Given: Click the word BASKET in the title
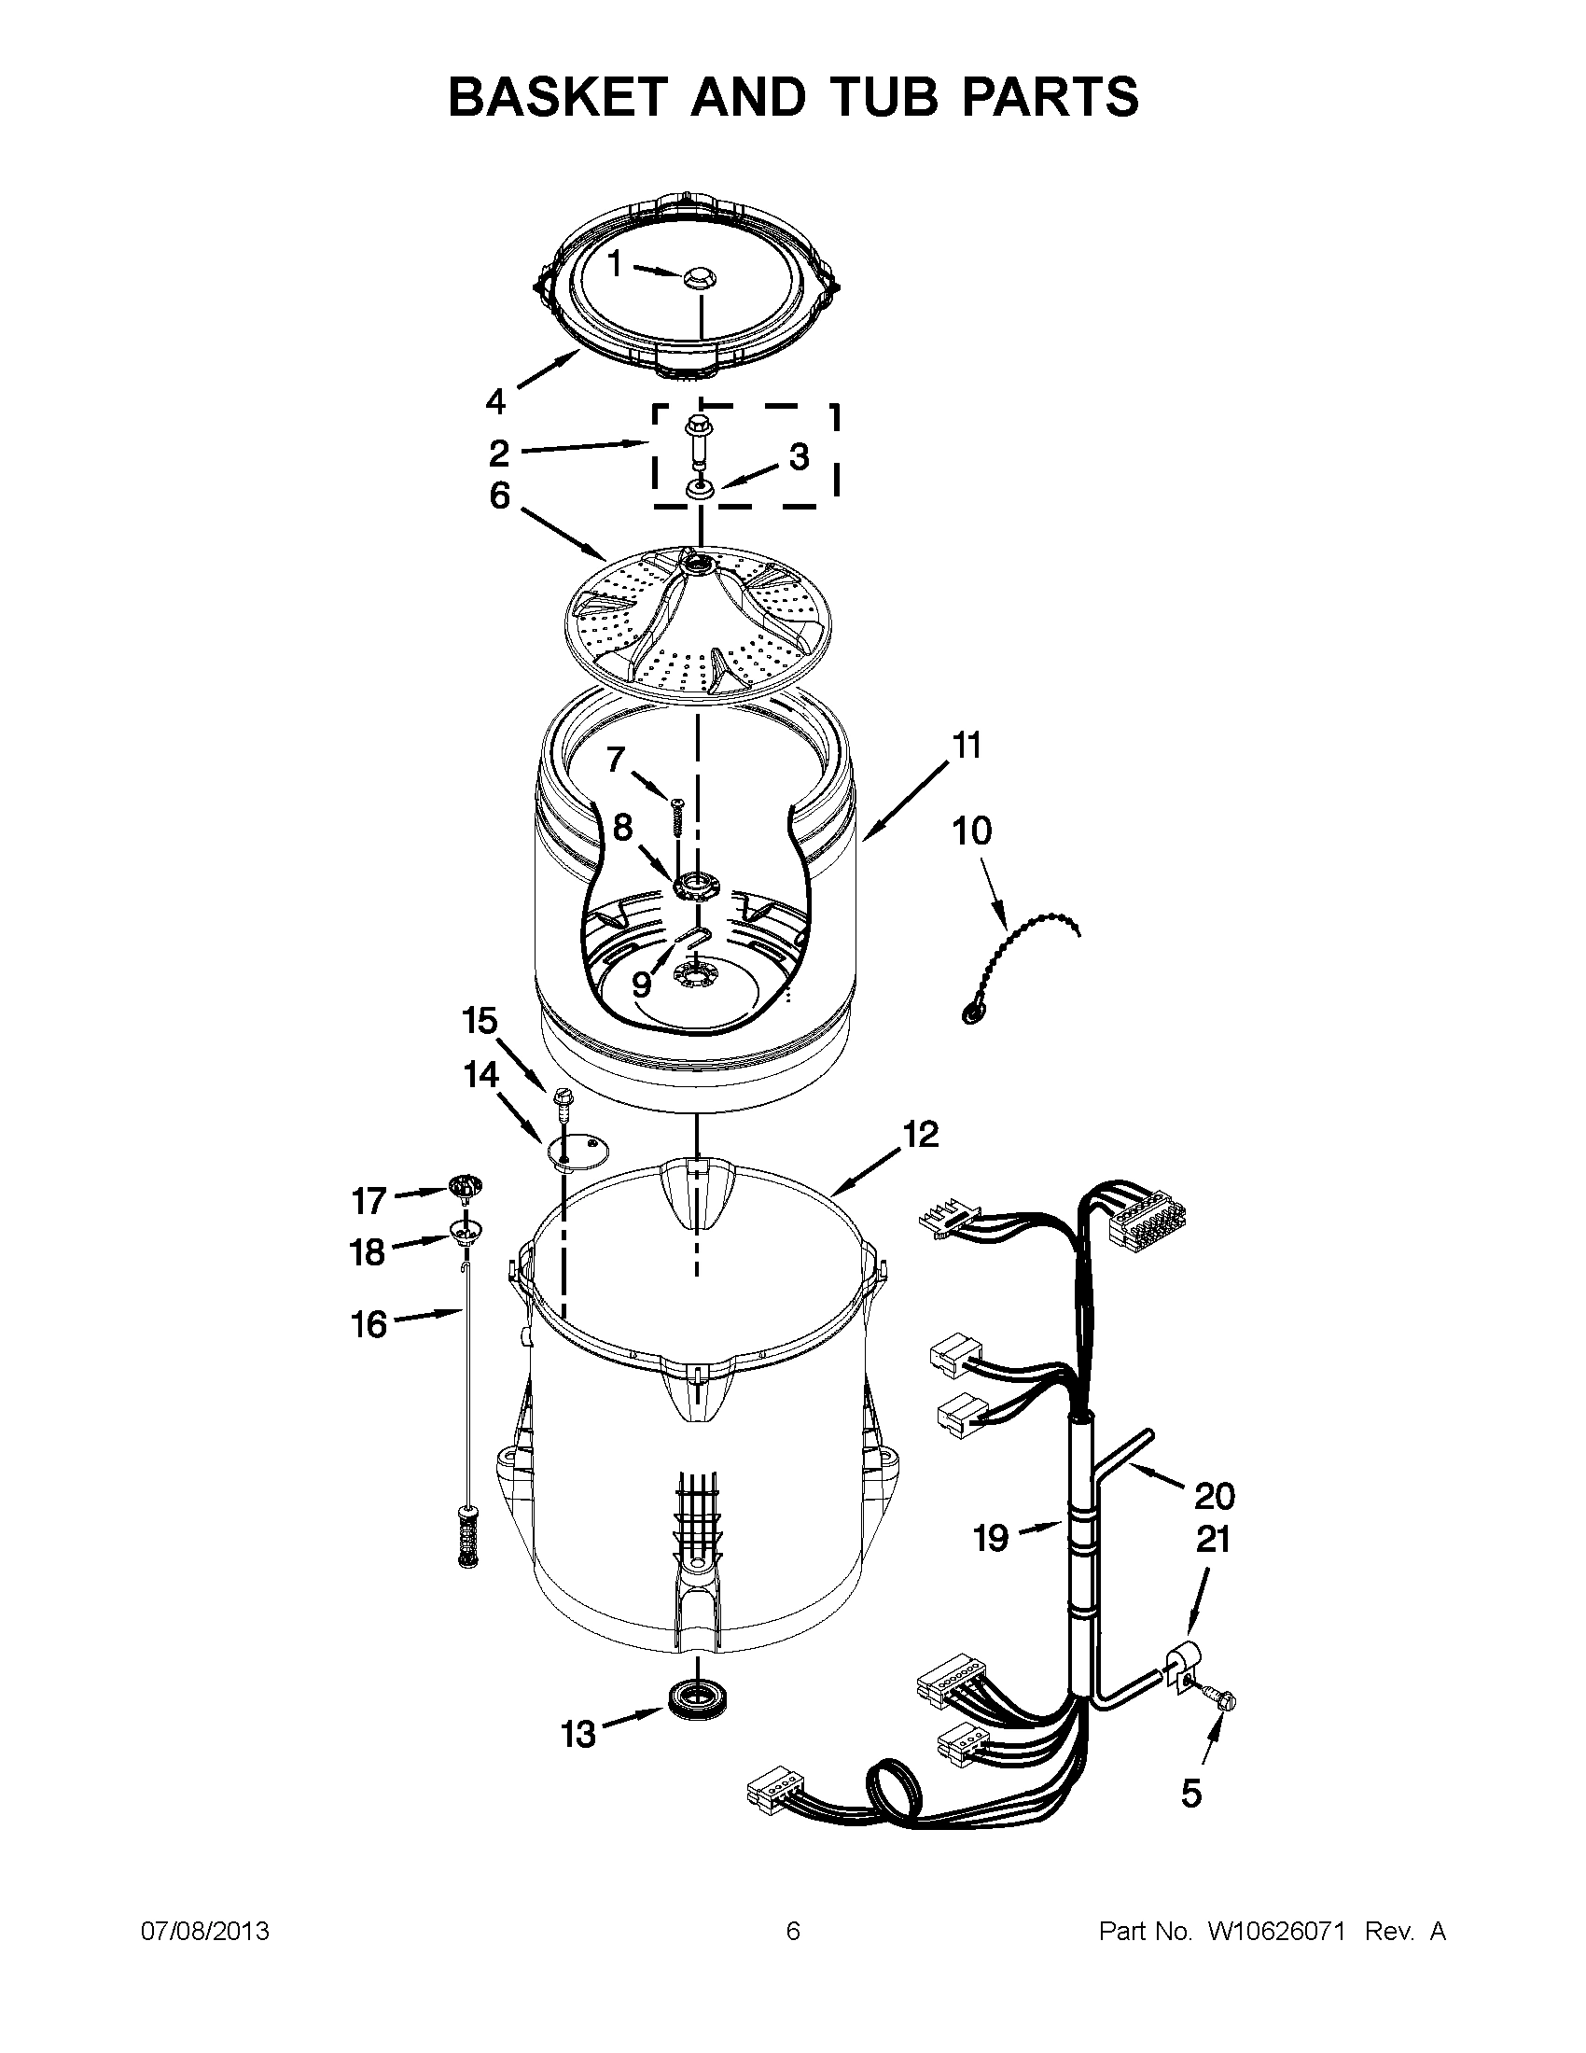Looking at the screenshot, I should coord(560,97).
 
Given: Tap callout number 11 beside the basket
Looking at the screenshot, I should coord(967,746).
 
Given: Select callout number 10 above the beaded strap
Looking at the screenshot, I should coord(971,831).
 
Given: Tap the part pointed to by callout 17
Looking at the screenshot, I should coord(465,1186).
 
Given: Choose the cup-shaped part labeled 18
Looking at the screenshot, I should coord(465,1229).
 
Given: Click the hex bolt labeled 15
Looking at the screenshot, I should coord(563,1100).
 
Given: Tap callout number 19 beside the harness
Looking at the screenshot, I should coord(990,1539).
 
